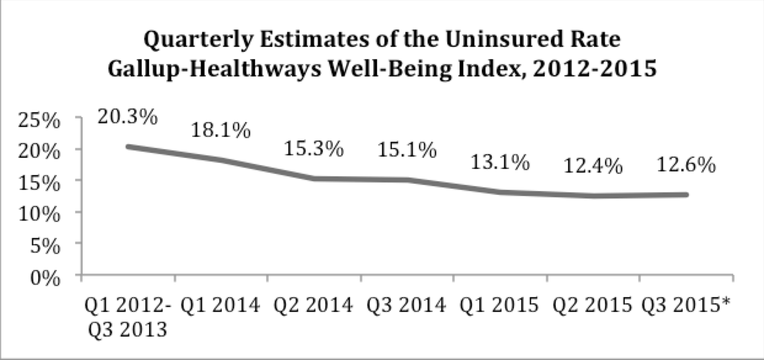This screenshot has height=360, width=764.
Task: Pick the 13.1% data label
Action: [500, 162]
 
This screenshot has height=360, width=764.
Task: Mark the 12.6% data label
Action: [686, 165]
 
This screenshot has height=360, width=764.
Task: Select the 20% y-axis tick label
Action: [41, 150]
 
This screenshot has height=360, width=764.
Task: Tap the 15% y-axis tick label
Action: [41, 182]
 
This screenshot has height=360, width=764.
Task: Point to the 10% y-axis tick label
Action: [41, 214]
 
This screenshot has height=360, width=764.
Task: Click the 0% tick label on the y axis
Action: [47, 277]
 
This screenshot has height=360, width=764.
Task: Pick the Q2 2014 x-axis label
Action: [314, 305]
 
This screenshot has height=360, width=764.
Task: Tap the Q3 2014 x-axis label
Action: [407, 305]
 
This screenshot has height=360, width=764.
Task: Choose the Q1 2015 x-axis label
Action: [500, 305]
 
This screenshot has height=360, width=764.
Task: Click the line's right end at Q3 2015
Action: [686, 195]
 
